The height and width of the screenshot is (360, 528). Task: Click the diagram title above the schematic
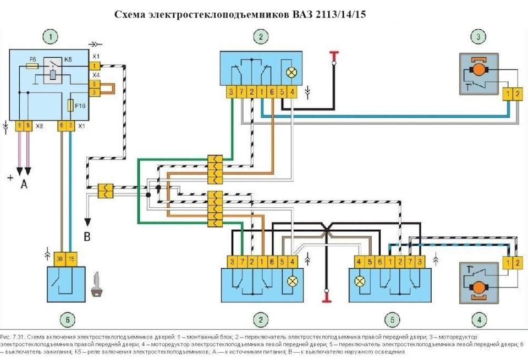(240, 14)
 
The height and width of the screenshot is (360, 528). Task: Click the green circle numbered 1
(51, 37)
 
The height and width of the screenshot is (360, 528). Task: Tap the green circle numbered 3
(478, 37)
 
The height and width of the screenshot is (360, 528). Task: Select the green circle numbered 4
(479, 319)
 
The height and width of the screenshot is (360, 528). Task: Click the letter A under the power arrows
(24, 185)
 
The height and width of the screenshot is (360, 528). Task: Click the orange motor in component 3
(478, 69)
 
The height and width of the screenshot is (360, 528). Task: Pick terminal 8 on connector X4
(95, 84)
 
